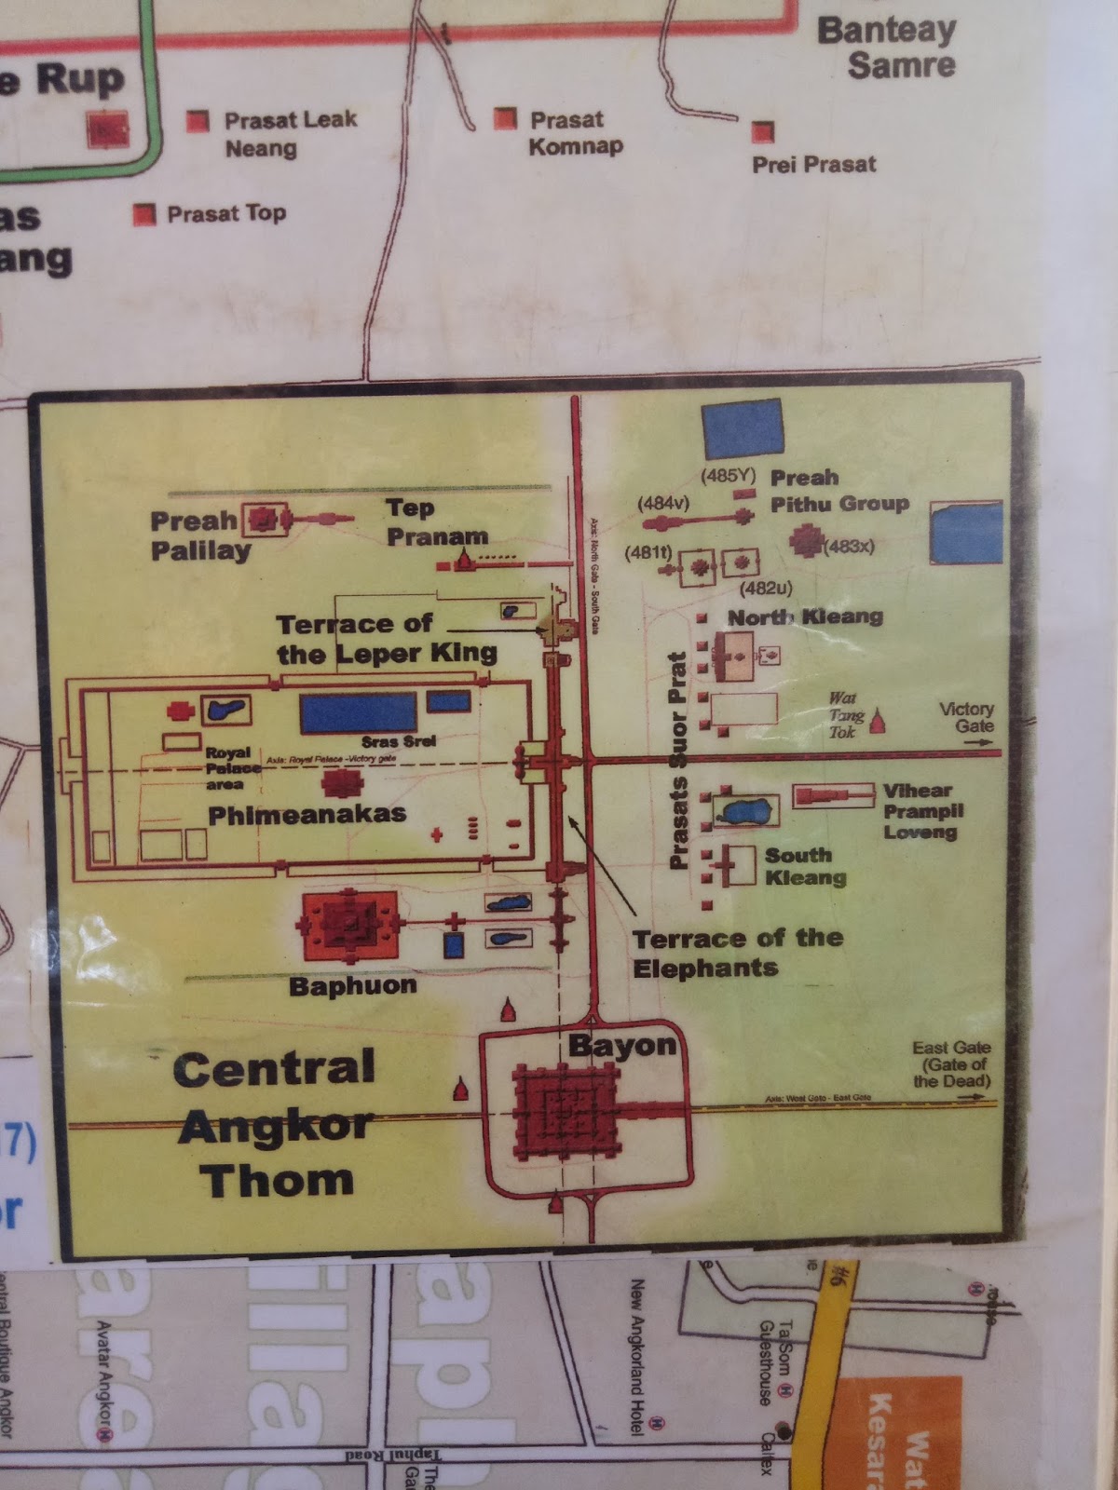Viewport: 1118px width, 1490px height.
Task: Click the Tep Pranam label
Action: (437, 522)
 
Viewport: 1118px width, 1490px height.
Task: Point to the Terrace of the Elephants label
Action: (737, 952)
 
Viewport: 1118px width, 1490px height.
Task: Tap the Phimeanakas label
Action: (307, 815)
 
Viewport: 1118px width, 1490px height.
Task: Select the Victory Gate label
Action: (966, 717)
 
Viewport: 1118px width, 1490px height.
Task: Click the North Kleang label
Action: (805, 616)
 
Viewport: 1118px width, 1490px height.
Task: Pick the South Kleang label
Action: (805, 866)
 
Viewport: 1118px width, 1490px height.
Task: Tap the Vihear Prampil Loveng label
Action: (922, 810)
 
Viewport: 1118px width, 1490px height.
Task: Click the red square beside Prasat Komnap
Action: (505, 118)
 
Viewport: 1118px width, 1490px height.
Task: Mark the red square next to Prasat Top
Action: (143, 215)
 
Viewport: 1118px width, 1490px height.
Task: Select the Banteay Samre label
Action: (888, 47)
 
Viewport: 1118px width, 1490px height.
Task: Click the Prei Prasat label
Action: (813, 165)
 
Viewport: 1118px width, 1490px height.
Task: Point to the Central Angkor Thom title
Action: (276, 1124)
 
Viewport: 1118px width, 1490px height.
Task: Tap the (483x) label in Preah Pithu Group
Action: (849, 546)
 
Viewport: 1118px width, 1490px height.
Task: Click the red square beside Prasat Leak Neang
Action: (198, 121)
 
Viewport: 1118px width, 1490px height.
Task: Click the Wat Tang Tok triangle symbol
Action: (878, 720)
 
